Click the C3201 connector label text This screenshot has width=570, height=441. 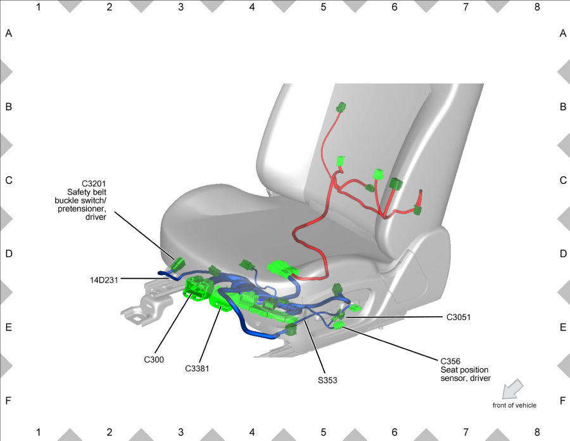point(94,184)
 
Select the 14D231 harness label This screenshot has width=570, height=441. point(104,280)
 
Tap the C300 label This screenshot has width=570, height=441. point(154,359)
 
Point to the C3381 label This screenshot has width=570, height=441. point(197,369)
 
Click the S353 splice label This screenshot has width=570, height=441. point(327,380)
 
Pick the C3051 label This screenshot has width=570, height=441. point(459,317)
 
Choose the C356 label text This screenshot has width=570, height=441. point(450,361)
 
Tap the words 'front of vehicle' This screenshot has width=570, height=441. point(514,406)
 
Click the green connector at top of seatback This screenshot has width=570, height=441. point(341,107)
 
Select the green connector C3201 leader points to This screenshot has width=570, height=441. point(178,264)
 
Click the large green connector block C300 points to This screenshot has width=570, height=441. point(197,289)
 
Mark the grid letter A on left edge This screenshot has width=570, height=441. point(9,34)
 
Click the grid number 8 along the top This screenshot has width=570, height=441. point(537,7)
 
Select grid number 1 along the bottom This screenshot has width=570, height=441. point(38,432)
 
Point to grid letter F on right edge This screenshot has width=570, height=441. point(563,400)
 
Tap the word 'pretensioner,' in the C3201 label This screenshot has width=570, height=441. point(82,208)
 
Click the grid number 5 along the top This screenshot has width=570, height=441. point(323,7)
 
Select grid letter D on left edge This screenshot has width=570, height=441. point(9,254)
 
